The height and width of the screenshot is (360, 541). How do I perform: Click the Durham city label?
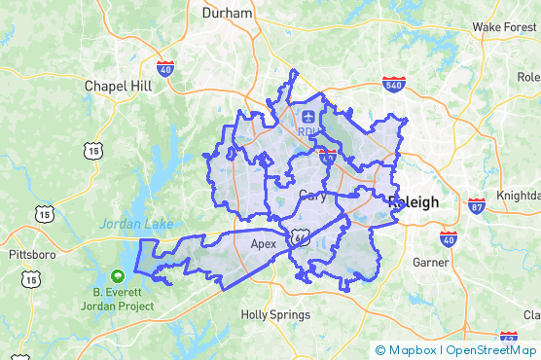point(227,14)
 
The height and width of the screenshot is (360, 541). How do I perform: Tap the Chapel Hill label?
point(119,86)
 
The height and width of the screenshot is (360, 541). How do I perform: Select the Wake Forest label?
point(504,26)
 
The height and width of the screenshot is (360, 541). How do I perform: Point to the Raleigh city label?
point(414,202)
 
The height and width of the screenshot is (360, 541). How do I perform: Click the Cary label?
point(312,194)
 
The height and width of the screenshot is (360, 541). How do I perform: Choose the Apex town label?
point(264,244)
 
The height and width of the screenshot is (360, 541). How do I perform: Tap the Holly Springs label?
point(276,315)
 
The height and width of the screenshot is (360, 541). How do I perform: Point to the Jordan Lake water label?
point(135,224)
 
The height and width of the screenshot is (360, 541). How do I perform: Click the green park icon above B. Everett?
point(118,275)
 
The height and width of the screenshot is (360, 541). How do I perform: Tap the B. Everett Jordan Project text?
point(124,298)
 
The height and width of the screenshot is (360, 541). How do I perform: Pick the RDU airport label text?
point(308,131)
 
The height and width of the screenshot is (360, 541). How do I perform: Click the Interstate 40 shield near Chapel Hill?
point(164,69)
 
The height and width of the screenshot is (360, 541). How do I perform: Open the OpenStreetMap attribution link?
point(492,350)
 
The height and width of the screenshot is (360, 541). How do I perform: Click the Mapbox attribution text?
point(409,350)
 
